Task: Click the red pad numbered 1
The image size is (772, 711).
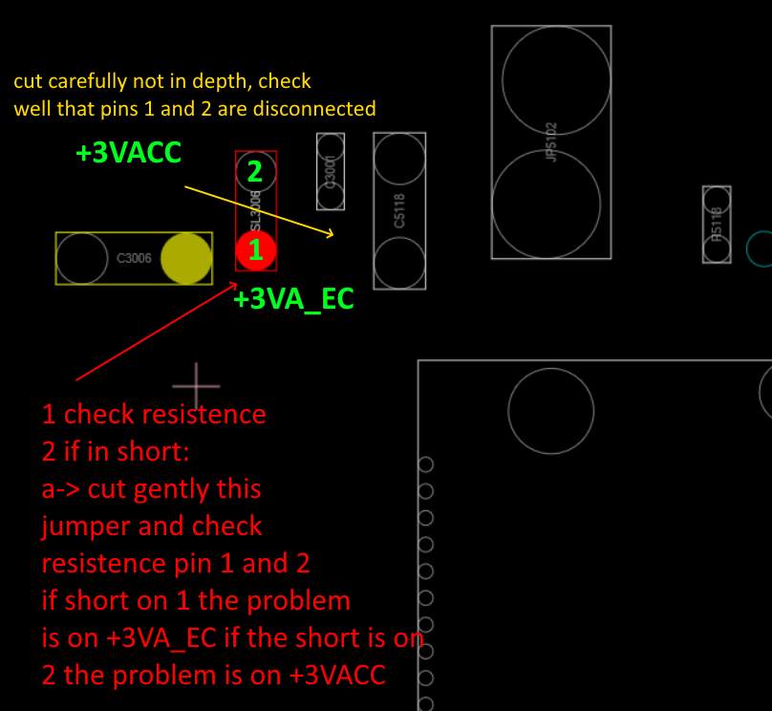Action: point(256,251)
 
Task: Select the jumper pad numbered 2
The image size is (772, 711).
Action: point(255,172)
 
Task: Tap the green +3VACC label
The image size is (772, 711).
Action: point(129,153)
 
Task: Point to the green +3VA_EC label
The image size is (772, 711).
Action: point(293,299)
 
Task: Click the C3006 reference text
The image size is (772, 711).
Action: point(134,258)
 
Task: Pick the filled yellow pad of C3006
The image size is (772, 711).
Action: point(185,258)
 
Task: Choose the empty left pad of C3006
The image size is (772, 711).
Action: point(82,258)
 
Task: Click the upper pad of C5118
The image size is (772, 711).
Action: point(399,160)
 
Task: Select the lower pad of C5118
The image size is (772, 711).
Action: point(399,263)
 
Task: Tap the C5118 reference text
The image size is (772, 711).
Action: point(399,211)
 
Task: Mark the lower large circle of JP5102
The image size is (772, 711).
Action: point(547,202)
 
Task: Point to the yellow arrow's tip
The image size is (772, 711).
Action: point(332,233)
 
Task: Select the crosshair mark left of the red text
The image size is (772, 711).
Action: point(197,386)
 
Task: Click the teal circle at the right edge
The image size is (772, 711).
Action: point(761,248)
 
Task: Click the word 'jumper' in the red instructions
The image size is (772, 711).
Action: point(81,527)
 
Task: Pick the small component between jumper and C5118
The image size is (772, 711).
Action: point(331,171)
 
